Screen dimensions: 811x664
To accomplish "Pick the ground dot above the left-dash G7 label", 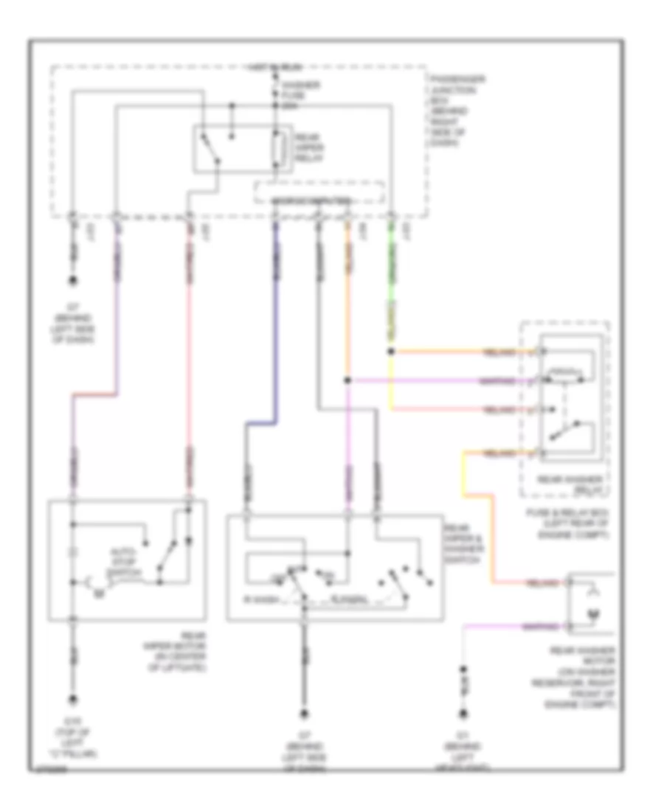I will (x=73, y=281).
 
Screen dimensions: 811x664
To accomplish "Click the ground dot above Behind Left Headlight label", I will (x=463, y=714).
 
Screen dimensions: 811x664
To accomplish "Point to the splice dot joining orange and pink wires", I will (x=347, y=381).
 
